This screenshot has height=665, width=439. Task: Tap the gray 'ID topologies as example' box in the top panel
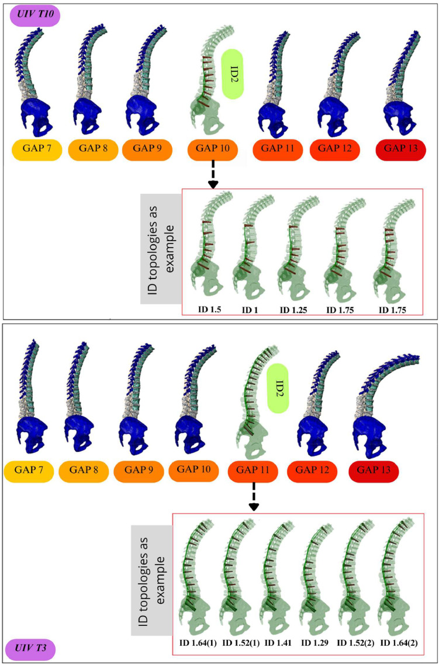(x=160, y=249)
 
